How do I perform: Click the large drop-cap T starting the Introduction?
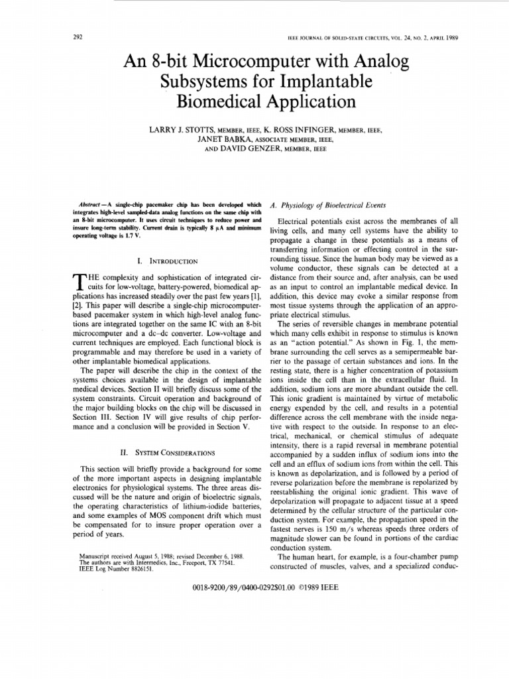click(x=79, y=282)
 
